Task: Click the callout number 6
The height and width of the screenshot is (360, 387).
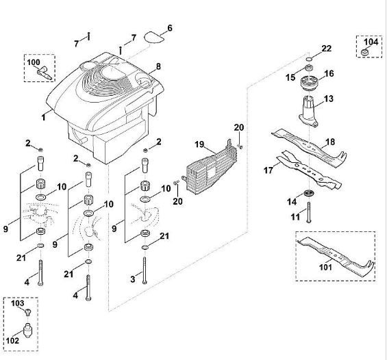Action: pyautogui.click(x=170, y=28)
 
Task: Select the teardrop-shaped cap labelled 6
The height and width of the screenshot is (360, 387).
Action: pyautogui.click(x=153, y=38)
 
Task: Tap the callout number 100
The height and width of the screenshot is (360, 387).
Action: pyautogui.click(x=34, y=62)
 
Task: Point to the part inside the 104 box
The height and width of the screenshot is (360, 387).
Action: pyautogui.click(x=365, y=52)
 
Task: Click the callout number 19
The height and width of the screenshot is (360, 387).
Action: pyautogui.click(x=199, y=144)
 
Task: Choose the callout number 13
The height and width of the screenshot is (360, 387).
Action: pyautogui.click(x=329, y=99)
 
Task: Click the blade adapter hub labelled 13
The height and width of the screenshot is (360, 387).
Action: pyautogui.click(x=308, y=112)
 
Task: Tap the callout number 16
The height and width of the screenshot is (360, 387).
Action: pyautogui.click(x=329, y=73)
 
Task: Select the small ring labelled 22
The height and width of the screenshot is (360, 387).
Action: pyautogui.click(x=309, y=59)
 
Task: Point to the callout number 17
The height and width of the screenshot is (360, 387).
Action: pyautogui.click(x=269, y=170)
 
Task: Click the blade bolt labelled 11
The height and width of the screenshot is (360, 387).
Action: pyautogui.click(x=309, y=212)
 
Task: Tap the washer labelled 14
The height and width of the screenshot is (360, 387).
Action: pyautogui.click(x=308, y=193)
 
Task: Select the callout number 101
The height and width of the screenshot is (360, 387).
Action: pyautogui.click(x=326, y=267)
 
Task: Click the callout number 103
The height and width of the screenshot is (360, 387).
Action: pyautogui.click(x=18, y=303)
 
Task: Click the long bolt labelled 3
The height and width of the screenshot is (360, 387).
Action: pyautogui.click(x=145, y=270)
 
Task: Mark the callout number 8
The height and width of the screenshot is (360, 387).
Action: pyautogui.click(x=158, y=66)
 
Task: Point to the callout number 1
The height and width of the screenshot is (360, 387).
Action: pyautogui.click(x=44, y=117)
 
